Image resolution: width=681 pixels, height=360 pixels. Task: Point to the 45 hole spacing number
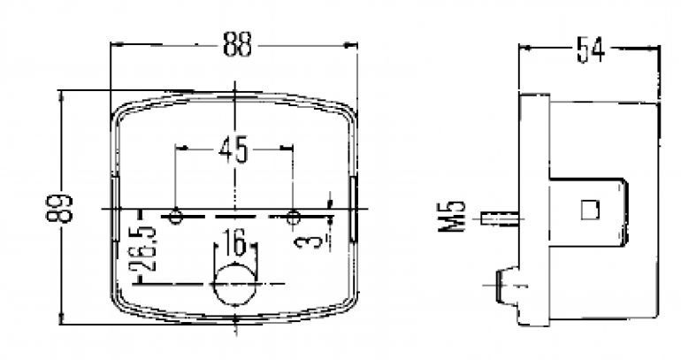pyautogui.click(x=233, y=150)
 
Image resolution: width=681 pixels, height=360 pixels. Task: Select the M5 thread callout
pyautogui.click(x=454, y=217)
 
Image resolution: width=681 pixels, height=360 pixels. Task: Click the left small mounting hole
pyautogui.click(x=176, y=216)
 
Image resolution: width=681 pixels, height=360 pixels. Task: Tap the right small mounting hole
pyautogui.click(x=294, y=216)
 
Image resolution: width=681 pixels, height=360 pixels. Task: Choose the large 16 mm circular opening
pyautogui.click(x=234, y=283)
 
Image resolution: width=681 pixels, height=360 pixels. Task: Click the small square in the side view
pyautogui.click(x=589, y=210)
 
